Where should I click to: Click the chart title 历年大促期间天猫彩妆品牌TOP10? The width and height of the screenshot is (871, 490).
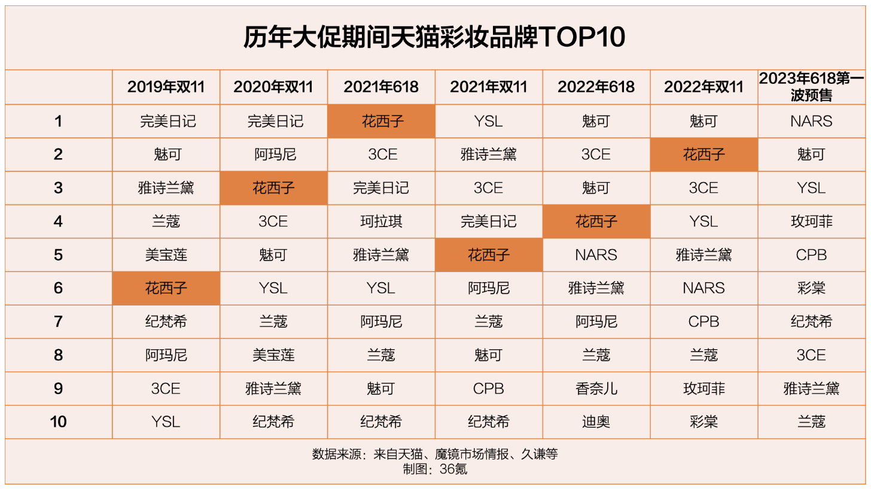tap(434, 38)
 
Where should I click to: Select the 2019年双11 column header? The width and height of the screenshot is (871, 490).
tap(166, 87)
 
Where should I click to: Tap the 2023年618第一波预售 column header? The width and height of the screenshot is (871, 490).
tap(811, 87)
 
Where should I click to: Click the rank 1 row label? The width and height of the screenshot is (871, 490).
tap(58, 122)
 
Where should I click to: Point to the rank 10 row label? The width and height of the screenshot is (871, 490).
tap(58, 422)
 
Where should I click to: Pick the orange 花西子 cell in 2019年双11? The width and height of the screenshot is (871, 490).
tap(166, 288)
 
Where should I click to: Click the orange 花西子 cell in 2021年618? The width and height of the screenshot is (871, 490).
tap(381, 122)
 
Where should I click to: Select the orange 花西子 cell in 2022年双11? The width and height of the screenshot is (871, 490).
tap(703, 155)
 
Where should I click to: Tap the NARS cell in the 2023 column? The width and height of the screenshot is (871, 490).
tap(811, 122)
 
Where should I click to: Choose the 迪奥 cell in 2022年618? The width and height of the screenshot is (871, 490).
tap(596, 422)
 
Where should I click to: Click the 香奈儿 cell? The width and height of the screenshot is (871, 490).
tap(596, 389)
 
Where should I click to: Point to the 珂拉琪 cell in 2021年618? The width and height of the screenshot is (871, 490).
tap(381, 222)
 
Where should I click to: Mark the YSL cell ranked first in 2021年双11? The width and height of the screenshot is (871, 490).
tap(488, 122)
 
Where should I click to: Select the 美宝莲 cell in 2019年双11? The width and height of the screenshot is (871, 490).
tap(166, 255)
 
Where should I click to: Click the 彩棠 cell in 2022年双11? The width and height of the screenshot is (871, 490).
tap(703, 422)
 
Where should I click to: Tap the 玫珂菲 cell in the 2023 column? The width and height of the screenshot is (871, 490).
tap(811, 222)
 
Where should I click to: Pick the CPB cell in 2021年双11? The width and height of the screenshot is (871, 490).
tap(488, 389)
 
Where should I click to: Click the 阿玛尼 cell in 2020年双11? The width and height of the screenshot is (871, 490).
tap(273, 155)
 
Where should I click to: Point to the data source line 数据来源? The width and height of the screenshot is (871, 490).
tap(434, 454)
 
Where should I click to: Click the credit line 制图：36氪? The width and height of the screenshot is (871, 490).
tap(434, 469)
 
